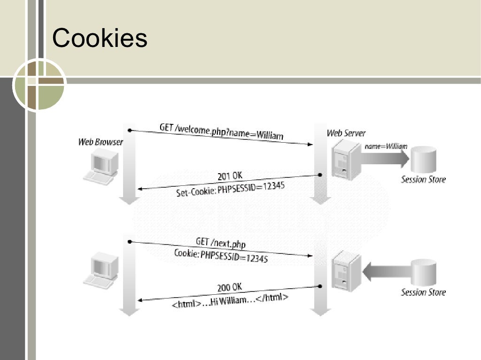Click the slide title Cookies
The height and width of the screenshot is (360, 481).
point(100,38)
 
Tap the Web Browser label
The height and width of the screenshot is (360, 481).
point(101,142)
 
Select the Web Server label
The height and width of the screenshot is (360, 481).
point(346,133)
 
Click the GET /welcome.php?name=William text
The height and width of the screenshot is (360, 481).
point(221,131)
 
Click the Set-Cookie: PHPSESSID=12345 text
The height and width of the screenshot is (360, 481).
point(230,189)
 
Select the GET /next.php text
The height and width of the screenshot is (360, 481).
point(220,243)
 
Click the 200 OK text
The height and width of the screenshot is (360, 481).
point(230,287)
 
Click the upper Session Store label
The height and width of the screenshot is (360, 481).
point(423,179)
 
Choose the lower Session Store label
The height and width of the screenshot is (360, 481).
point(423,292)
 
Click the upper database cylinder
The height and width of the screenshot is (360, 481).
point(424,160)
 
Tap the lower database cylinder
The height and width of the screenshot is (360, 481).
point(424,272)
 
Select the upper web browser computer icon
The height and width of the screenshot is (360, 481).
point(101,167)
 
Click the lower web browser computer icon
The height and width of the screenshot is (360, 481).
point(101,269)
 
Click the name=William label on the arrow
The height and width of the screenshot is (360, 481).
point(386,146)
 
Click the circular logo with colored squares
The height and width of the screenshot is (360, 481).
point(39,85)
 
